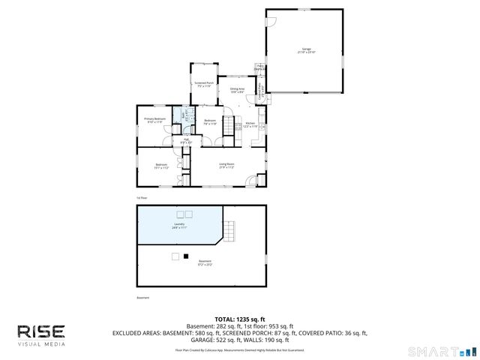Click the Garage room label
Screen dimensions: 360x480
point(304,50)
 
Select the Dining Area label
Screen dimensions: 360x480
point(237,90)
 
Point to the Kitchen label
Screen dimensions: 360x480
point(250,124)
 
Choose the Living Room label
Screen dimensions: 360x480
point(226,166)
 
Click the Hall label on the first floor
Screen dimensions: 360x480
point(185,140)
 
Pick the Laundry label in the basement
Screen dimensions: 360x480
point(179,224)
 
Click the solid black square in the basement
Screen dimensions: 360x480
point(185,256)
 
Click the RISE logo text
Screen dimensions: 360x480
point(41,331)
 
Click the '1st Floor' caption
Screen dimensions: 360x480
point(141,198)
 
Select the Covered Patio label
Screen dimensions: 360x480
point(262,94)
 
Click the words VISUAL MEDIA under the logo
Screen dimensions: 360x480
point(41,344)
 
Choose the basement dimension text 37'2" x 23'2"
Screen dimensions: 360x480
point(205,264)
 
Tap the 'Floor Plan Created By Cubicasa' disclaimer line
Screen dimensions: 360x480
point(240,349)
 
